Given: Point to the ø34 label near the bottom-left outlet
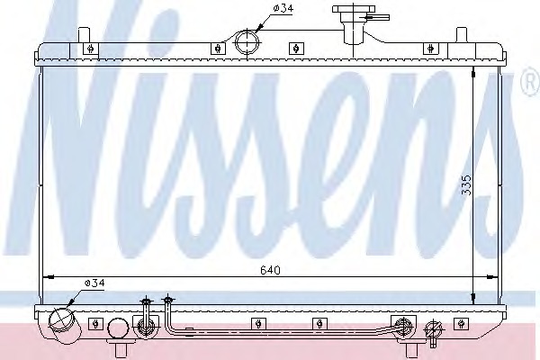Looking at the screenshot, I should (94, 283).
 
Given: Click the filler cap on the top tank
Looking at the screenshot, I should (355, 18).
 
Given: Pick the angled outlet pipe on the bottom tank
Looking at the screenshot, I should (63, 321).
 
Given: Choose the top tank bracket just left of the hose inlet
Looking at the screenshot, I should (218, 49).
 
